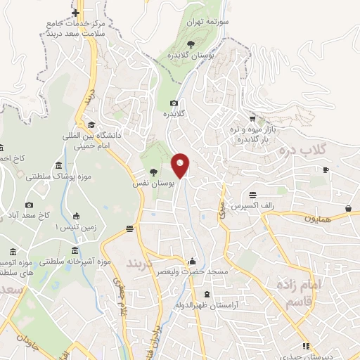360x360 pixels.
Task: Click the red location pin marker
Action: point(181,165)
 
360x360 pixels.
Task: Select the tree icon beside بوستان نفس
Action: point(154,172)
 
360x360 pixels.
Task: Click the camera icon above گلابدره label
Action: point(174,103)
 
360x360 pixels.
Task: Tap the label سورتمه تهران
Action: point(209,22)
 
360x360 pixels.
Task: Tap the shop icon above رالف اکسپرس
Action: point(252,195)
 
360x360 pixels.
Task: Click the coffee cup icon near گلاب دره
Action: point(326,169)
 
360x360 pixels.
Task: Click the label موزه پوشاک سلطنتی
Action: point(53,176)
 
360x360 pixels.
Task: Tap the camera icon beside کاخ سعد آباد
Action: point(30,205)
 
